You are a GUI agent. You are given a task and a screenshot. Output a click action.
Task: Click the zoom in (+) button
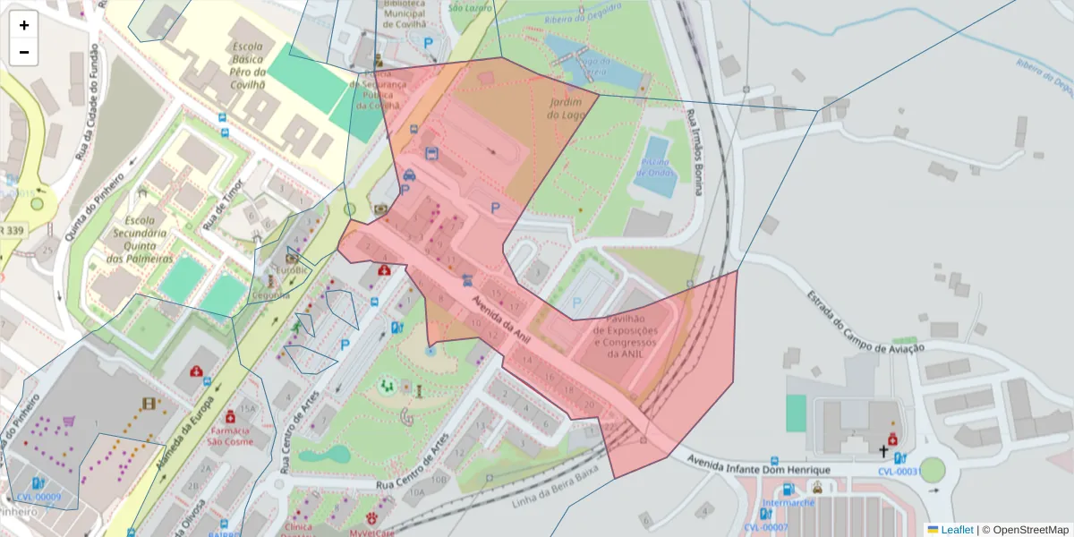(24, 25)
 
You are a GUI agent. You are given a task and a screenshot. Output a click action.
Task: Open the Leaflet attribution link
(956, 530)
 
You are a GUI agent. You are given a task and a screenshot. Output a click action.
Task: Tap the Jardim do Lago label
(565, 108)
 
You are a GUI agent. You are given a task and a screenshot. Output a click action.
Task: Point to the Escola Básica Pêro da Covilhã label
(248, 65)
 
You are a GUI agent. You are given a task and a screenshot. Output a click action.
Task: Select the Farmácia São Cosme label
(227, 434)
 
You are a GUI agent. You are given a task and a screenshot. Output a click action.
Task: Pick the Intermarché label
(787, 515)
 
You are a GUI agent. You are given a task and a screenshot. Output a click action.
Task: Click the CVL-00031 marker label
(899, 472)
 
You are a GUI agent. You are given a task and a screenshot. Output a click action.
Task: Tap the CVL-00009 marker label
(38, 497)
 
